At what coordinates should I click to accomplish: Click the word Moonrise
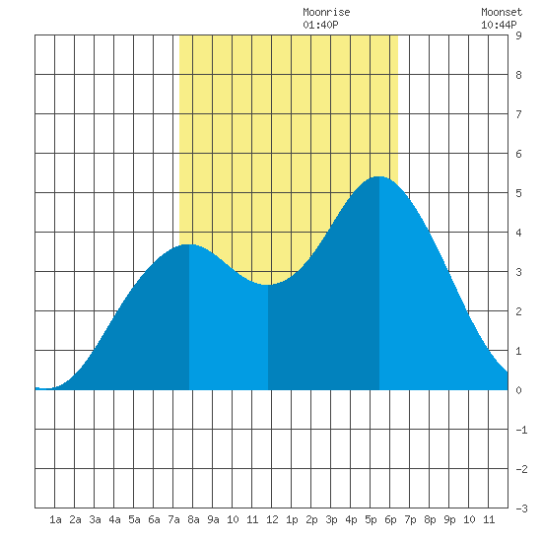[x=326, y=12]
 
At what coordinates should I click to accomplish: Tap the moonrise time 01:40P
[x=320, y=25]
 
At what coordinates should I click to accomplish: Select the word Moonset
[x=502, y=12]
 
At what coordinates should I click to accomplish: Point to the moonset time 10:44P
[x=499, y=25]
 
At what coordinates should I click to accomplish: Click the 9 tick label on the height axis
[x=518, y=35]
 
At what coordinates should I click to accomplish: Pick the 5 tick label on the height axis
[x=518, y=193]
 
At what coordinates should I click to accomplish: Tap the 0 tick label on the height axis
[x=518, y=390]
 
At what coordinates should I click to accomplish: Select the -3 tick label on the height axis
[x=521, y=508]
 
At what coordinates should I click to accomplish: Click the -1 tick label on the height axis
[x=521, y=430]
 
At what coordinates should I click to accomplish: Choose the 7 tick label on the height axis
[x=518, y=114]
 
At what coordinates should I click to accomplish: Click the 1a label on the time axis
[x=55, y=519]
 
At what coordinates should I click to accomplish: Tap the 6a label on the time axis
[x=154, y=519]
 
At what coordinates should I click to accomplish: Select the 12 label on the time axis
[x=272, y=519]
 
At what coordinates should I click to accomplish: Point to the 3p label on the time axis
[x=331, y=519]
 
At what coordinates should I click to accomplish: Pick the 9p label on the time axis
[x=449, y=519]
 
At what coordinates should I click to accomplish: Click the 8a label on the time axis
[x=193, y=519]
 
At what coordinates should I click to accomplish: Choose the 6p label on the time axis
[x=390, y=519]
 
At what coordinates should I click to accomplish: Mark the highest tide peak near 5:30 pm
[x=379, y=176]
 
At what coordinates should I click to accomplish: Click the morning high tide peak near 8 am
[x=189, y=244]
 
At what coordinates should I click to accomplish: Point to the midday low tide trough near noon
[x=268, y=285]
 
